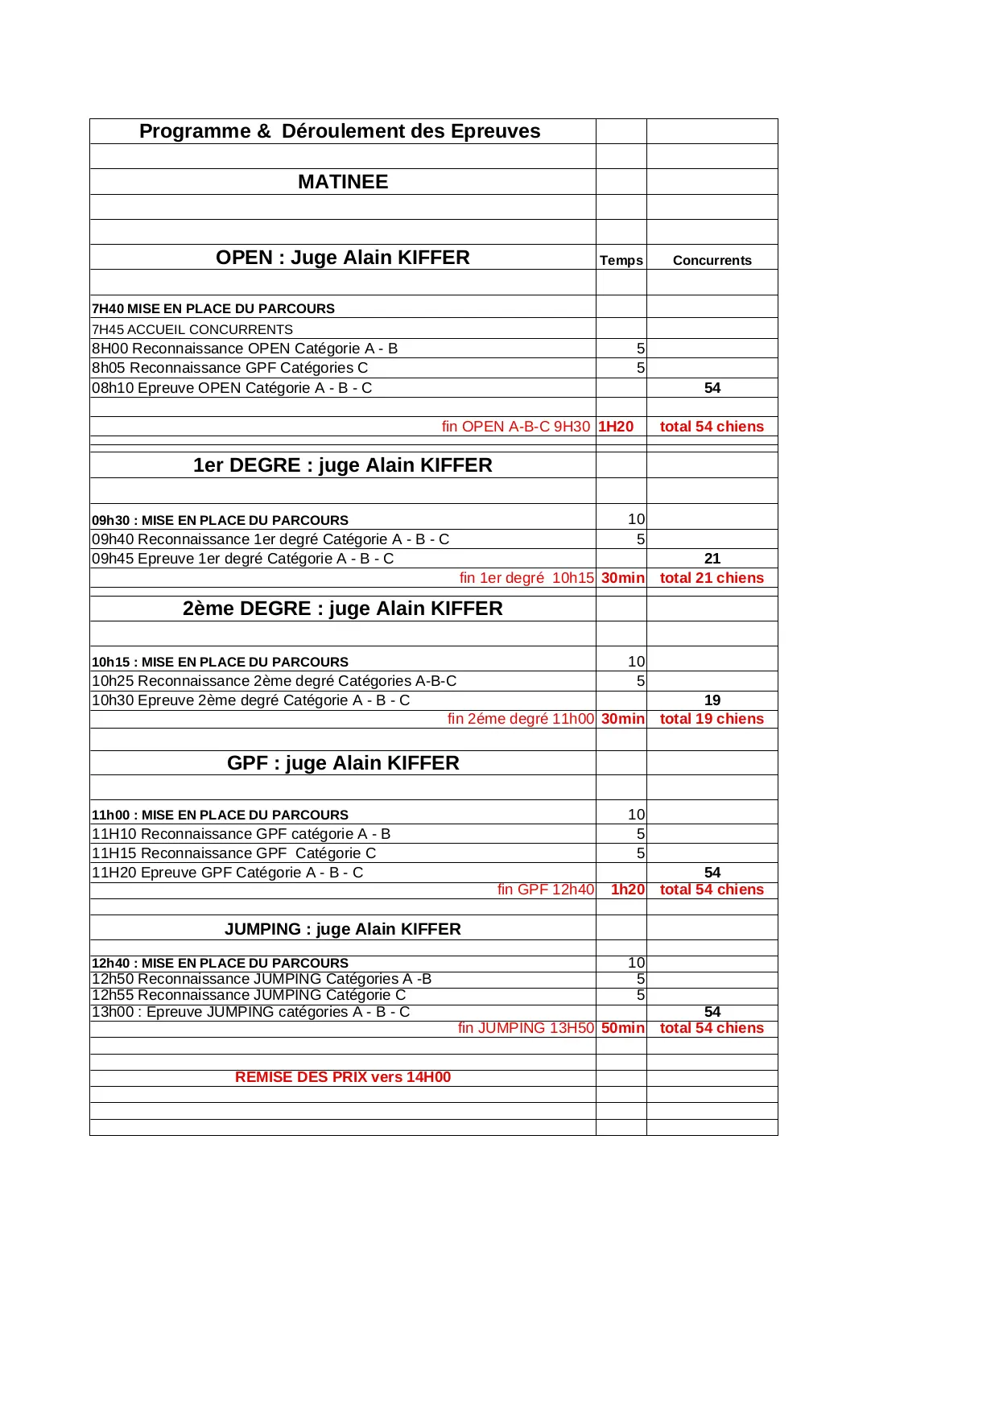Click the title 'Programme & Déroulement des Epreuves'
pyautogui.click(x=340, y=131)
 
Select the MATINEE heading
pyautogui.click(x=343, y=182)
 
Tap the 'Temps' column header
pyautogui.click(x=621, y=260)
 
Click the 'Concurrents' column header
pyautogui.click(x=712, y=260)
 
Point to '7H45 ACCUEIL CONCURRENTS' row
pyautogui.click(x=192, y=329)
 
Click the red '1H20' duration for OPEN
pyautogui.click(x=616, y=427)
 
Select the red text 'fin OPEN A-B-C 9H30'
pyautogui.click(x=515, y=427)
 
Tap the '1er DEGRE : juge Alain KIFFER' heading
pyautogui.click(x=343, y=465)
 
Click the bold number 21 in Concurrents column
pyautogui.click(x=712, y=559)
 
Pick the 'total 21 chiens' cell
pyautogui.click(x=712, y=578)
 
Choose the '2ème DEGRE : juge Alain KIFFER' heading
pyautogui.click(x=343, y=609)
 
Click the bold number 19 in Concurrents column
pyautogui.click(x=712, y=700)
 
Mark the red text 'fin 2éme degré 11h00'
pyautogui.click(x=521, y=719)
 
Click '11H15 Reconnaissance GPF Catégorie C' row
pyautogui.click(x=234, y=853)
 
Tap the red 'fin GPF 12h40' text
pyautogui.click(x=546, y=890)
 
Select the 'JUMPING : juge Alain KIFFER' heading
pyautogui.click(x=343, y=929)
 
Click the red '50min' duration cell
pyautogui.click(x=622, y=1028)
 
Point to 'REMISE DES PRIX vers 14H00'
pyautogui.click(x=343, y=1077)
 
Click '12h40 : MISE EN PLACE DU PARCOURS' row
pyautogui.click(x=221, y=963)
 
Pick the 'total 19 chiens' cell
pyautogui.click(x=712, y=719)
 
